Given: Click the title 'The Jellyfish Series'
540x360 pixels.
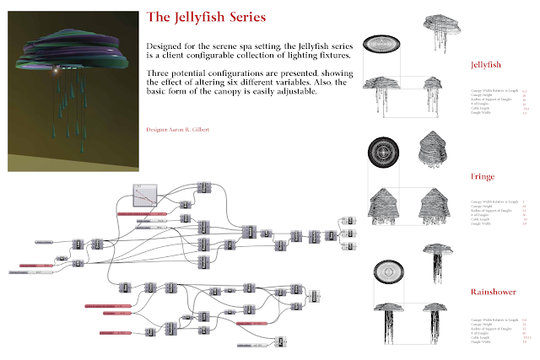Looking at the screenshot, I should pos(206,17).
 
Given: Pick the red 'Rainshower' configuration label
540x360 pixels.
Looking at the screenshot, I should pos(493,292).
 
